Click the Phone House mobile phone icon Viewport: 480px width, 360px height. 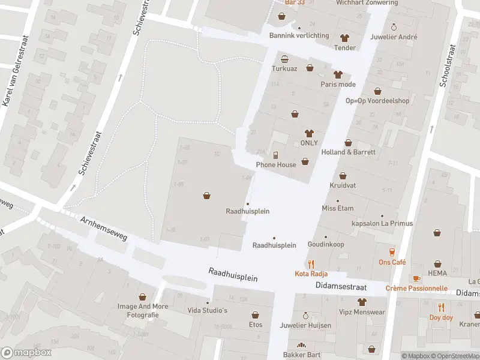click(276, 155)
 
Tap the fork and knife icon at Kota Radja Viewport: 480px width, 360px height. click(311, 263)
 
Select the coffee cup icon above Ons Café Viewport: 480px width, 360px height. click(392, 252)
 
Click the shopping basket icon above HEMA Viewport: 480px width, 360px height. click(437, 263)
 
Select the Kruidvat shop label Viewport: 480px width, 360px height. click(342, 185)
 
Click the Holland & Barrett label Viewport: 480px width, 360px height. click(348, 152)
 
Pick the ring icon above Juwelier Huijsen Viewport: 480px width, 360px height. click(305, 316)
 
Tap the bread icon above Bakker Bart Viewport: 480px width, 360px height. click(301, 345)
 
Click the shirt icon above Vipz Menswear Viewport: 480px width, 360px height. click(361, 302)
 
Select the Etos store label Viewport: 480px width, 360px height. click(256, 325)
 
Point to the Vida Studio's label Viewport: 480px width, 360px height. click(208, 310)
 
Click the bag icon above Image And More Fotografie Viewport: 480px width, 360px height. click(142, 296)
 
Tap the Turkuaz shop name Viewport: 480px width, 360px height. click(284, 69)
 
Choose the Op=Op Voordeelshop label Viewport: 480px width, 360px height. click(377, 101)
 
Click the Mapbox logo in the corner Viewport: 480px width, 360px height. click(25, 352)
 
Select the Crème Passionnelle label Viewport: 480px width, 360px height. click(416, 288)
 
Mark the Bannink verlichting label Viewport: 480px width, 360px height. click(299, 35)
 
